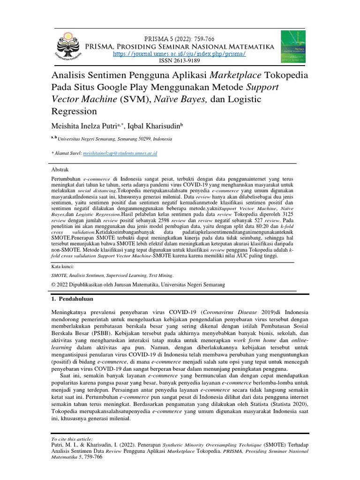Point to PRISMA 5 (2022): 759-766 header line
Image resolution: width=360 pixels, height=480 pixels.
[180, 39]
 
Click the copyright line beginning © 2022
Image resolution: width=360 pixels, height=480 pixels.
[138, 285]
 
